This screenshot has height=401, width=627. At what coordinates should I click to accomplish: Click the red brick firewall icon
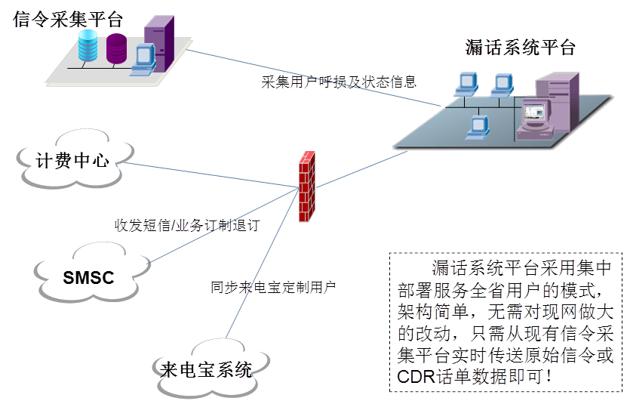(306, 186)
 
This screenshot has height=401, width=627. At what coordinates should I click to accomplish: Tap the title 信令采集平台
(68, 19)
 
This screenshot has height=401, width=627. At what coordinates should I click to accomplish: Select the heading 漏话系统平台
(521, 48)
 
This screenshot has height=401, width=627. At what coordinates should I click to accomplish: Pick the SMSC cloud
(88, 277)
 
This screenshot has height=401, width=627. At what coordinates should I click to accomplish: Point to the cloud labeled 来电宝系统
(206, 369)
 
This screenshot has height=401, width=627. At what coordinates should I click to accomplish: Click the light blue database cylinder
(88, 47)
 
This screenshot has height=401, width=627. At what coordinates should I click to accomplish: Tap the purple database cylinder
(117, 48)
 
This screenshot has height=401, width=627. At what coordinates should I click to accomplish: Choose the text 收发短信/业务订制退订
(187, 225)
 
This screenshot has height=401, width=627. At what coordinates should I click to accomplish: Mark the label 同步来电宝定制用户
(273, 287)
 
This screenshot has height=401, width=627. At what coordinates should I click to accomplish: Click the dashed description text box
(506, 321)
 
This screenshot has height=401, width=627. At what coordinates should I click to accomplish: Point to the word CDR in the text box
(413, 375)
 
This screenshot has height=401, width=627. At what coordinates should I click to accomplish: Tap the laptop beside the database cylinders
(142, 60)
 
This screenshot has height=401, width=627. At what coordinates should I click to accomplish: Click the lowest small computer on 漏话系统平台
(478, 127)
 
